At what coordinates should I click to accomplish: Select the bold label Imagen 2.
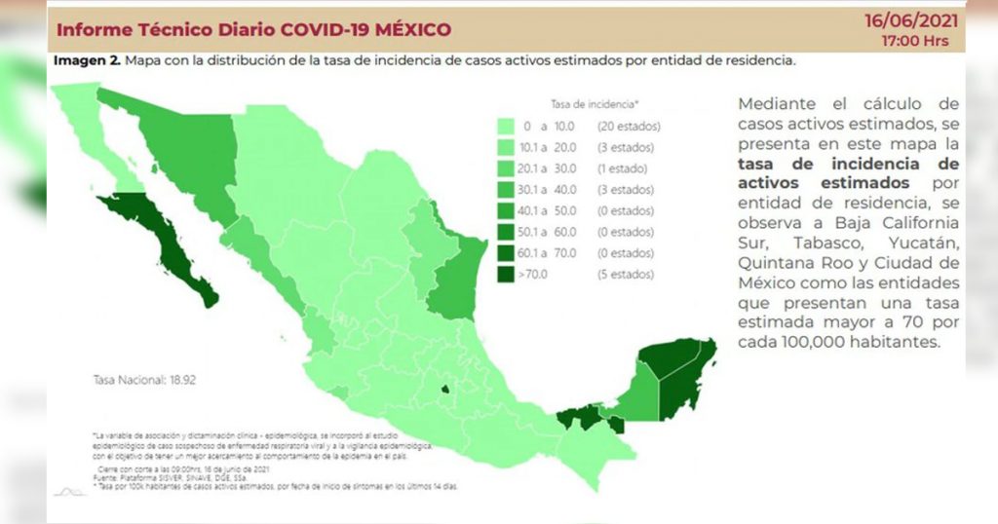[87, 60]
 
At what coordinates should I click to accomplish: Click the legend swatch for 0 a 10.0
[506, 127]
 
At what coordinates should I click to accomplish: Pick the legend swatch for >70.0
[506, 275]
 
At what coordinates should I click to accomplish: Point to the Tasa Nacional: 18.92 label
[144, 378]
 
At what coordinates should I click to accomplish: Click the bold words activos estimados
[824, 183]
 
